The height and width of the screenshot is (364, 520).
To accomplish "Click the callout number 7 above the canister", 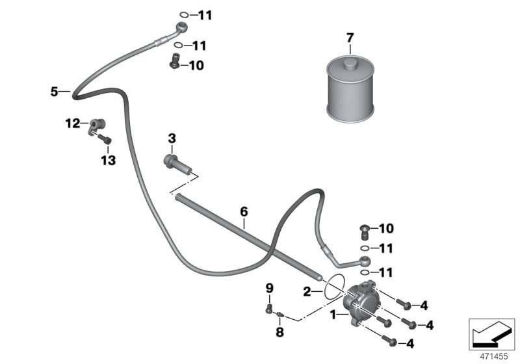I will point(350,38).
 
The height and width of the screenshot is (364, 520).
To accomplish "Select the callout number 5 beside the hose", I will point(55,92).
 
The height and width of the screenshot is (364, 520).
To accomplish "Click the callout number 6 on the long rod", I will point(244,211).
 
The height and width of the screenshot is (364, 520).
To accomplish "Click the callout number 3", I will point(172,138).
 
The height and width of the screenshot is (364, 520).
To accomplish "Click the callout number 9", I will point(268,288).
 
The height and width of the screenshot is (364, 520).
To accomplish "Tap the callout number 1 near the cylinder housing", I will point(333,315).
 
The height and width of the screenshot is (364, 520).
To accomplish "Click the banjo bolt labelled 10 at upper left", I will point(174,62).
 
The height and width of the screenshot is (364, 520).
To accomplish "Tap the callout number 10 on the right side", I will point(386,229).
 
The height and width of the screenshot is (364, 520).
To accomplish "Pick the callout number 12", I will point(71,122).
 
